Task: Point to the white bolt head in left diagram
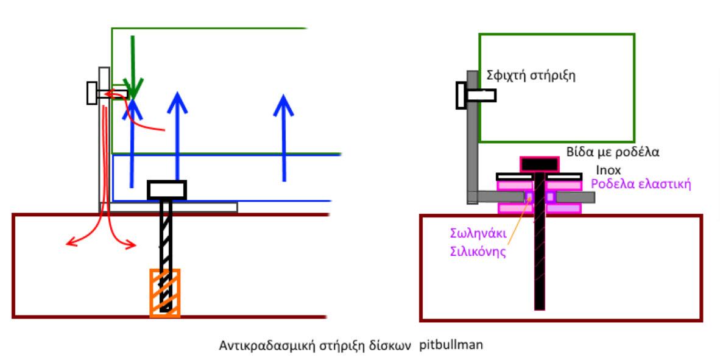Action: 166,190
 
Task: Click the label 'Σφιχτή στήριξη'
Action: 531,76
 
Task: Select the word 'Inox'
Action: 609,170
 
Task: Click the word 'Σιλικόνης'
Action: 478,251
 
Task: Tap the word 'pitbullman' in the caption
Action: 451,345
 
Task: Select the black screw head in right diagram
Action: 539,164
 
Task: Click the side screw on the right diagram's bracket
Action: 475,95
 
